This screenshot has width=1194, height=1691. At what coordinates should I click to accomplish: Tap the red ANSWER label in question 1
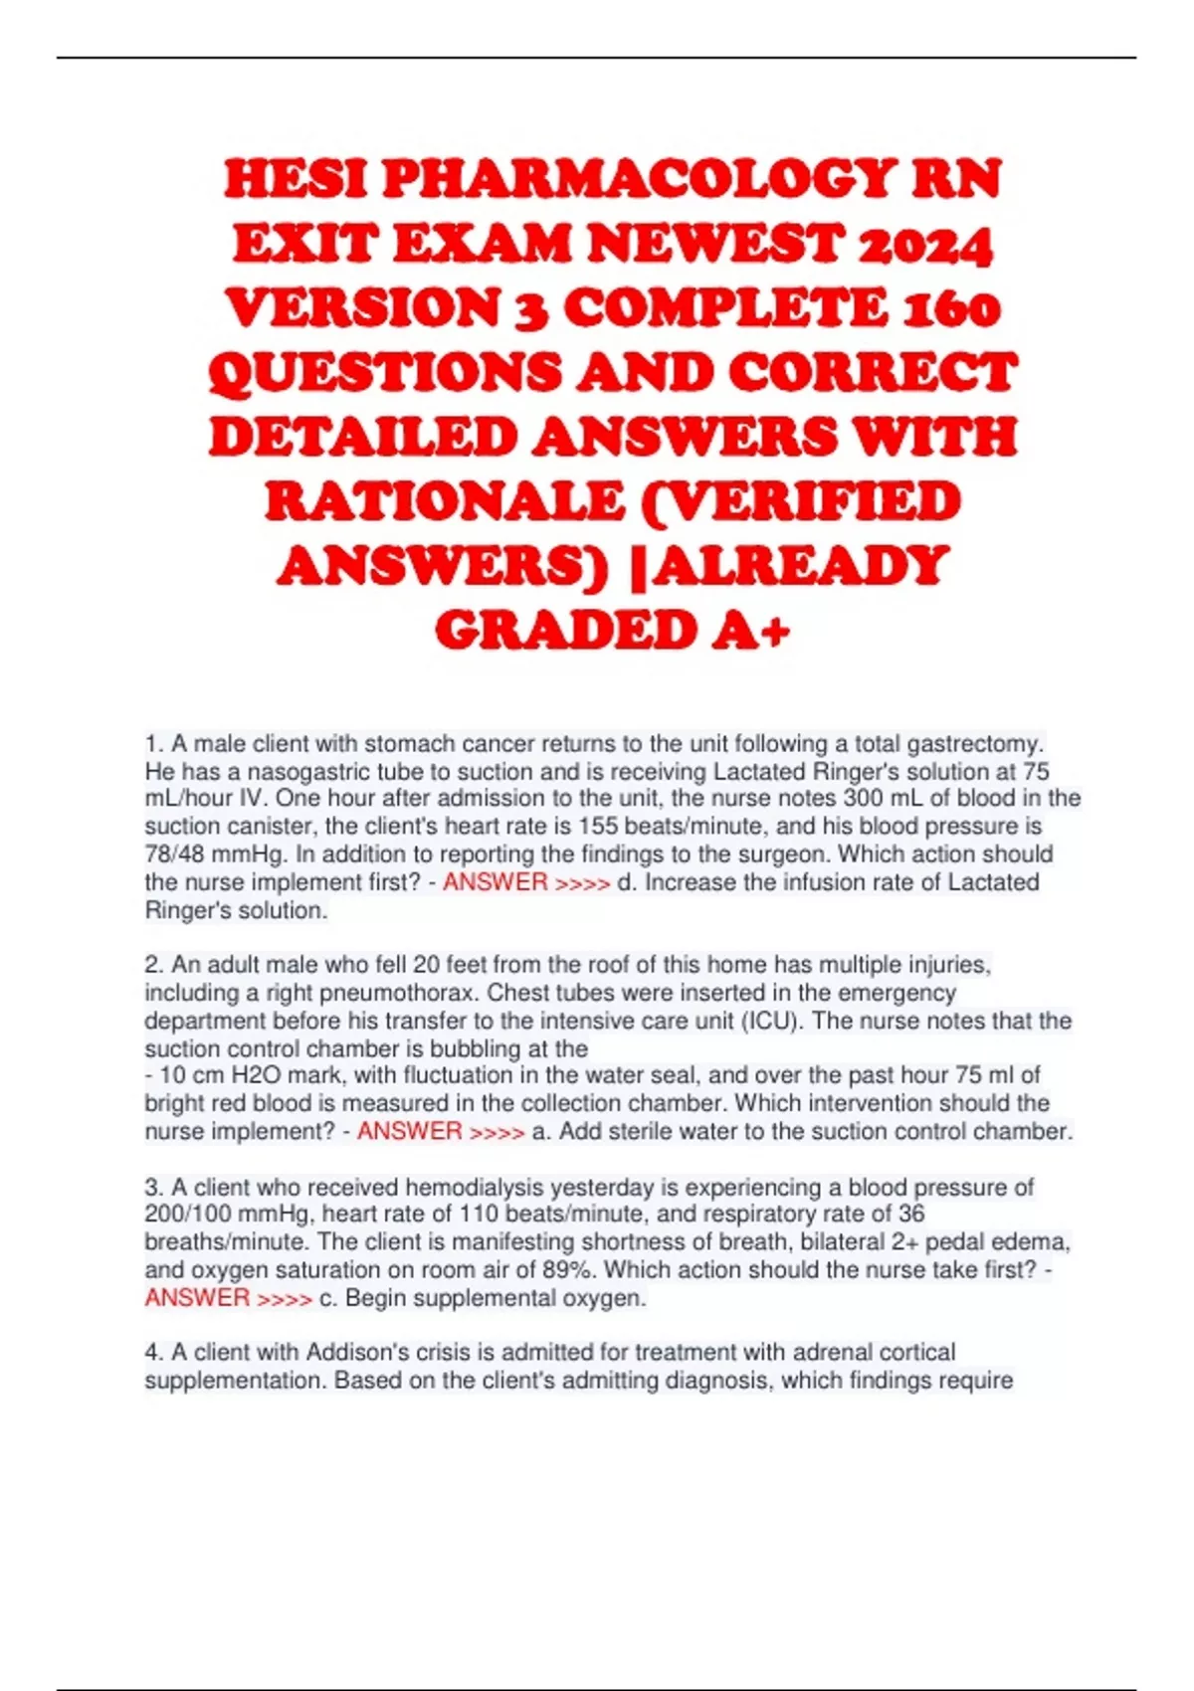pyautogui.click(x=495, y=882)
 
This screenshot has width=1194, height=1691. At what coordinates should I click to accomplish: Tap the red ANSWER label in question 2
pyautogui.click(x=409, y=1131)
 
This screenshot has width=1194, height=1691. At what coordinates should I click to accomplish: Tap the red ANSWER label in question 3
pyautogui.click(x=197, y=1297)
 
